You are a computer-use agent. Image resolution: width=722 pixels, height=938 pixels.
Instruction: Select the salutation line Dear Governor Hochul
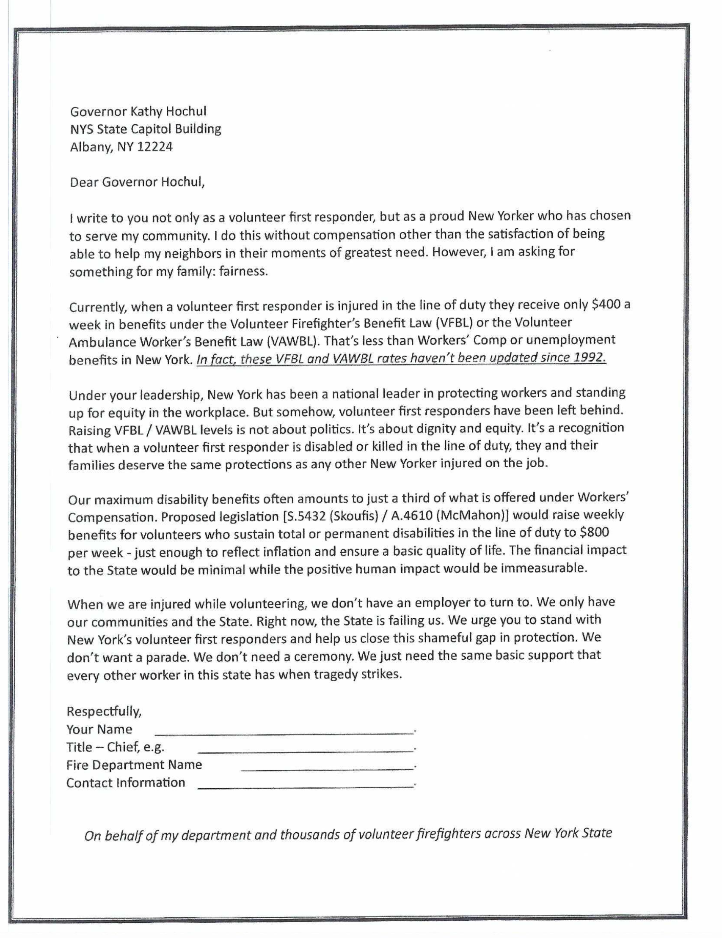coord(138,183)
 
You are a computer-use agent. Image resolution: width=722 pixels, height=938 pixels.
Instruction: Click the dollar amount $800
coord(594,533)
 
